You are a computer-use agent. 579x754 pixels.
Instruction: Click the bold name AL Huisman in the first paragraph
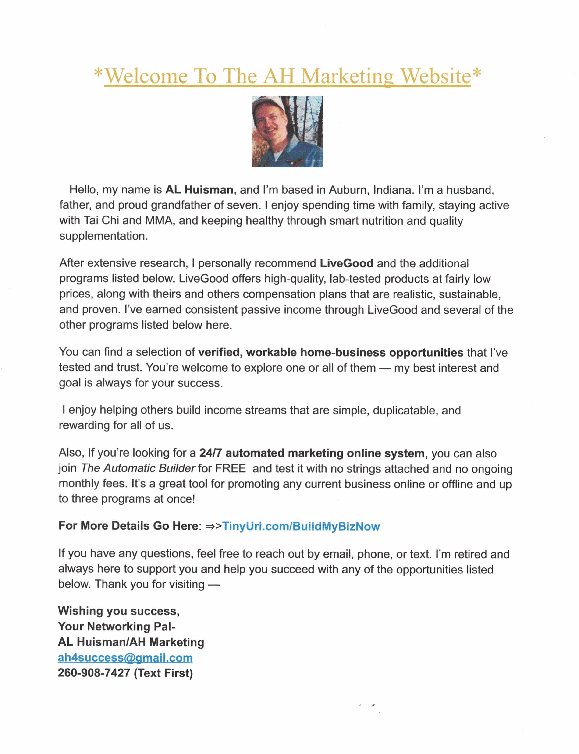[x=199, y=190]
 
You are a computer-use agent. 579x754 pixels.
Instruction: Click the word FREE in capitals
[x=231, y=468]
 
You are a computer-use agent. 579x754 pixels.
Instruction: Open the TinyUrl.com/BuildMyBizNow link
[x=301, y=526]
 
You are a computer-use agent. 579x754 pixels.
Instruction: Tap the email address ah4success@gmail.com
[x=125, y=658]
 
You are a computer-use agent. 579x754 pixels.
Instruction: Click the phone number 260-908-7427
[x=94, y=673]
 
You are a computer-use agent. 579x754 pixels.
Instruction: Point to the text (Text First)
[x=163, y=673]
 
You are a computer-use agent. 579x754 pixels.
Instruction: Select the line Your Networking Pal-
[x=117, y=627]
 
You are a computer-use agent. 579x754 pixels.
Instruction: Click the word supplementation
[x=103, y=236]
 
